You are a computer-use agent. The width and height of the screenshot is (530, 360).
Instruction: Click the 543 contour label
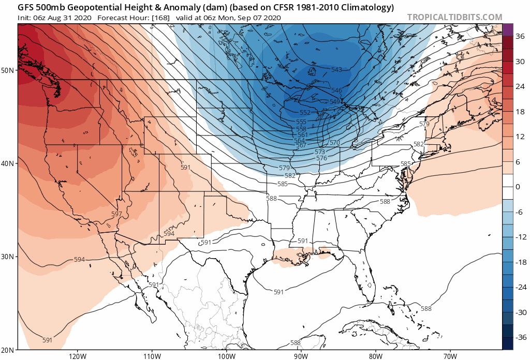(336, 69)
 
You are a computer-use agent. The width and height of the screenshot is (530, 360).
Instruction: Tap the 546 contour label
(336, 91)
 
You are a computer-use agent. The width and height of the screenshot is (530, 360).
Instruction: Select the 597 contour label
(116, 214)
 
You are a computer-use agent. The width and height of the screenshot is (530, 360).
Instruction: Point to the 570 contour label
(334, 143)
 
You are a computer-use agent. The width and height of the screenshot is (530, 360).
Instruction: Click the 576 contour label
(321, 158)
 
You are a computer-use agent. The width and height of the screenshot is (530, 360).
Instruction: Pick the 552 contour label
(305, 113)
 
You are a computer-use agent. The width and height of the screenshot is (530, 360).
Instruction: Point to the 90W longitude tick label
(301, 356)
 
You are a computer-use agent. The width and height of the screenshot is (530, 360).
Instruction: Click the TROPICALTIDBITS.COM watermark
(454, 17)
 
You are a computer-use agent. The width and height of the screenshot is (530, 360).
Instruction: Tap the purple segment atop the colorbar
(508, 29)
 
